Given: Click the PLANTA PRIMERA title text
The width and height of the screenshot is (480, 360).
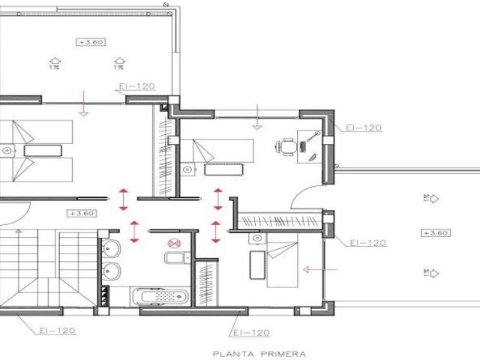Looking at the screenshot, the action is (x=259, y=354).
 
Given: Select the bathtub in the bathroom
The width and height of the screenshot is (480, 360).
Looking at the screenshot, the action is (x=160, y=296).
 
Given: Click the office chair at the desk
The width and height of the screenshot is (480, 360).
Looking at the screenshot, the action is (x=286, y=147).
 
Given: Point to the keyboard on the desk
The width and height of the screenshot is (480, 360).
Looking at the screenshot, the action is (x=303, y=147).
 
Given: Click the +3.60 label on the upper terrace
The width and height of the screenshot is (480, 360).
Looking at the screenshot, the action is (x=91, y=42).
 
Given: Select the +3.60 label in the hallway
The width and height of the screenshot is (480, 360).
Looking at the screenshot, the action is (x=82, y=213).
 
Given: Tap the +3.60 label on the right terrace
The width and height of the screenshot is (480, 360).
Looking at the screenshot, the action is (x=436, y=233).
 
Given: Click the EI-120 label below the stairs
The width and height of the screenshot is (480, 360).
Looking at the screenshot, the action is (x=58, y=331).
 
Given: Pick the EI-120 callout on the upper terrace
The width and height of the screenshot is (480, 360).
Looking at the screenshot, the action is (x=136, y=86).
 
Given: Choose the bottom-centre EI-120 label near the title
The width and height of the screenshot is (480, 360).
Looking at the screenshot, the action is (x=251, y=333).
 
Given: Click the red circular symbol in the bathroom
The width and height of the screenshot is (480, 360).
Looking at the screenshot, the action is (x=174, y=243).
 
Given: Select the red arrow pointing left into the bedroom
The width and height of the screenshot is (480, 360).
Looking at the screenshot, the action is (x=320, y=270).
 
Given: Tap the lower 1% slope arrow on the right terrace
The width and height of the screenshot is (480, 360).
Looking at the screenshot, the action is (x=431, y=273).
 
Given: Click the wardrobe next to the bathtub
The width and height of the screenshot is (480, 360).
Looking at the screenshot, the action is (x=207, y=283).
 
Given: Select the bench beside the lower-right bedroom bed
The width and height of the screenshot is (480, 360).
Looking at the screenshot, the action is (x=257, y=265).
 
